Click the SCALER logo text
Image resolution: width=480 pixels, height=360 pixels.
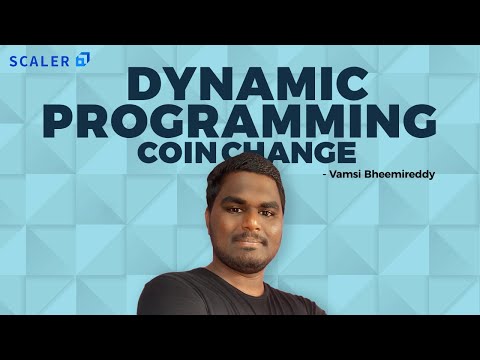click(x=39, y=60)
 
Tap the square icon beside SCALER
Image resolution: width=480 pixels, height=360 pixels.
click(x=82, y=59)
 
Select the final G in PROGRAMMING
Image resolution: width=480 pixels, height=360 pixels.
click(x=419, y=121)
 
